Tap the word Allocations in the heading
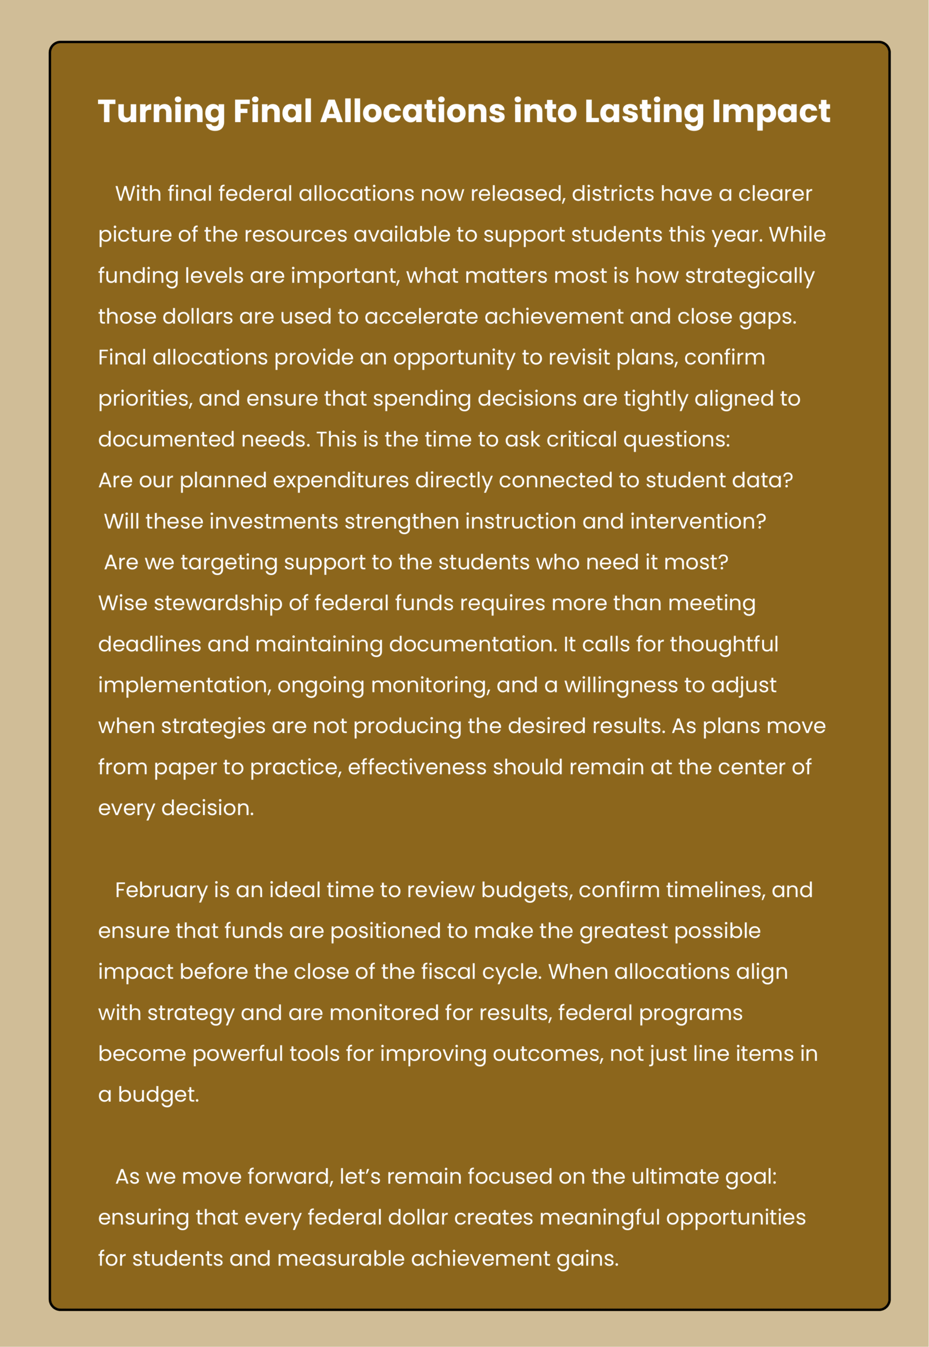coord(412,112)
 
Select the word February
coord(161,890)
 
